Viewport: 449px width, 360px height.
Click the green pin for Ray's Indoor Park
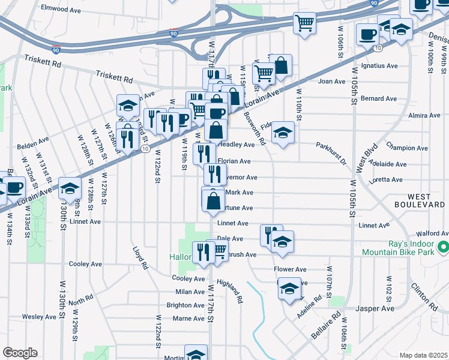tap(444, 247)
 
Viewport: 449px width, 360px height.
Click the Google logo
tap(20, 353)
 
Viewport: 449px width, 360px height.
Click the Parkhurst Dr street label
tap(331, 154)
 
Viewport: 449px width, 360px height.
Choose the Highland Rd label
tap(230, 291)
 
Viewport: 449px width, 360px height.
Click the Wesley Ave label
tap(38, 317)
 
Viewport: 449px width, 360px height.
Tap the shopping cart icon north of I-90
tap(305, 23)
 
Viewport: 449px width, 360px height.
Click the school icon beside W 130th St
tap(70, 187)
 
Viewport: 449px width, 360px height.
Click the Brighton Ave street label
tap(185, 305)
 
